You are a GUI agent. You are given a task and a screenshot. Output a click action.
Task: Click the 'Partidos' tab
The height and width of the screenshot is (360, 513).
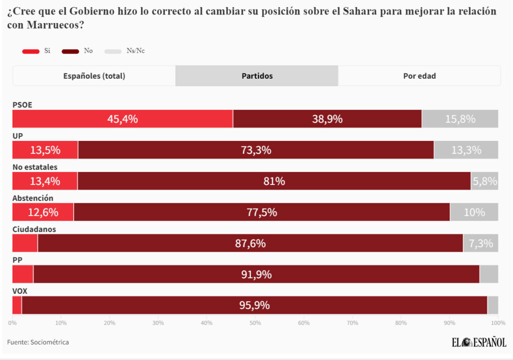[257, 76]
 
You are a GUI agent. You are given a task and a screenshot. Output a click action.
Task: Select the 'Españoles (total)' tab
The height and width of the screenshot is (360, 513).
[94, 76]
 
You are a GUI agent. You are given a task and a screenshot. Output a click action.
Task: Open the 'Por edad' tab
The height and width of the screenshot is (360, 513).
[419, 76]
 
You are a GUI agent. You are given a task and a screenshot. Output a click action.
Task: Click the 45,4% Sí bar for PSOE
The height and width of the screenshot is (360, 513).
[122, 119]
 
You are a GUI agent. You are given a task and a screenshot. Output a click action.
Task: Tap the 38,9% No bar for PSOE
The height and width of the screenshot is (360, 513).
[327, 119]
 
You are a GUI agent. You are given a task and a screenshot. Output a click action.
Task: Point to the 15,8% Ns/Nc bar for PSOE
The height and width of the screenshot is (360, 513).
[460, 119]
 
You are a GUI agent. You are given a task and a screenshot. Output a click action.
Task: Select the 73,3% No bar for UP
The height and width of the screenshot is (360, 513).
[255, 150]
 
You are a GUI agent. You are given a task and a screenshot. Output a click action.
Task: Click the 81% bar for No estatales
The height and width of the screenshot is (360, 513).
[274, 181]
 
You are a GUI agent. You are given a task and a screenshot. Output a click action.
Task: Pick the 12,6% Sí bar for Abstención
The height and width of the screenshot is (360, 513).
[43, 212]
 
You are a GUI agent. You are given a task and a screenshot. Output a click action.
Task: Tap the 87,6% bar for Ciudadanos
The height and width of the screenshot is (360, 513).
[250, 243]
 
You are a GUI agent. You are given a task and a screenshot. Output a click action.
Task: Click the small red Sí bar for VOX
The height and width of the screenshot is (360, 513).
[17, 305]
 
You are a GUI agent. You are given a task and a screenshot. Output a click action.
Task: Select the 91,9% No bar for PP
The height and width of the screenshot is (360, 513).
[256, 274]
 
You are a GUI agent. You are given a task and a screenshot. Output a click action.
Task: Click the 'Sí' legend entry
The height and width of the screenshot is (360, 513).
[37, 51]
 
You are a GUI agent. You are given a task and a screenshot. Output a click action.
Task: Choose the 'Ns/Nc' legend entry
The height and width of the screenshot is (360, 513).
[125, 51]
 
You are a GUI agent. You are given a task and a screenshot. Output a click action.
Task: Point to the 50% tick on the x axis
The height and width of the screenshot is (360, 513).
[255, 323]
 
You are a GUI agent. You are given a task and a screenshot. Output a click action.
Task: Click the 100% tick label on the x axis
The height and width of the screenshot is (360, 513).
[497, 323]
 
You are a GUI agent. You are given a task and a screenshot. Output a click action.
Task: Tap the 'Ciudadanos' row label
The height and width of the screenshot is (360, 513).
[34, 229]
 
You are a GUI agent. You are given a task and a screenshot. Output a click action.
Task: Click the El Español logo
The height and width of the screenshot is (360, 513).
[478, 342]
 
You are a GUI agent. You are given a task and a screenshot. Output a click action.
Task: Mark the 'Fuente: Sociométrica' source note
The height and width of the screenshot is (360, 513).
[38, 342]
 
